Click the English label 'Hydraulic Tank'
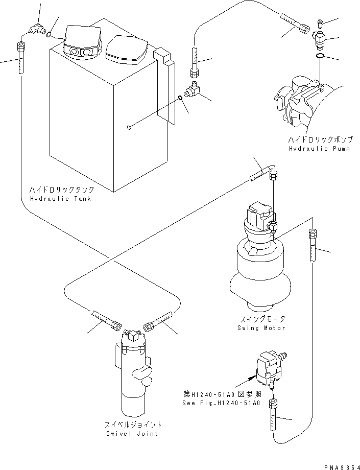pos(60,198)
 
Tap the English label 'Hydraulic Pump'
pos(313,148)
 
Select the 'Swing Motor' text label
pos(261,327)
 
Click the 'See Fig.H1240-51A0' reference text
pos(221,403)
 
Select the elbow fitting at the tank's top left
pos(36,31)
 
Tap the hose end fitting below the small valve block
pos(273,407)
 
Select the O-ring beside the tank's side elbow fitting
pos(181,99)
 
